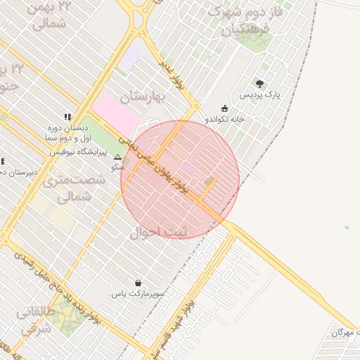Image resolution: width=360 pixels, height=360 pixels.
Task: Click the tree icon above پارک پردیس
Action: pyautogui.click(x=259, y=84)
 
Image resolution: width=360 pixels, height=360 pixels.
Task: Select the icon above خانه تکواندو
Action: pyautogui.click(x=224, y=108)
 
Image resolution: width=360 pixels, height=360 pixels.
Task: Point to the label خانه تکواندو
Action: pyautogui.click(x=224, y=120)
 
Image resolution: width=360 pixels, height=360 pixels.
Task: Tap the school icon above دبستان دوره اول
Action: pyautogui.click(x=67, y=117)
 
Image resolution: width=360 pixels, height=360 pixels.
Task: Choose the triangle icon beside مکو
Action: pyautogui.click(x=118, y=157)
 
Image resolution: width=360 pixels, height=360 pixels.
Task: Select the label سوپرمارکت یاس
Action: pyautogui.click(x=140, y=292)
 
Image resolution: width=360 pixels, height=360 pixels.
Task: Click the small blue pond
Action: pyautogui.click(x=346, y=228)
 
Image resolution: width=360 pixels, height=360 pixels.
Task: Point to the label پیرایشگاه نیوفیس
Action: pyautogui.click(x=79, y=151)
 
